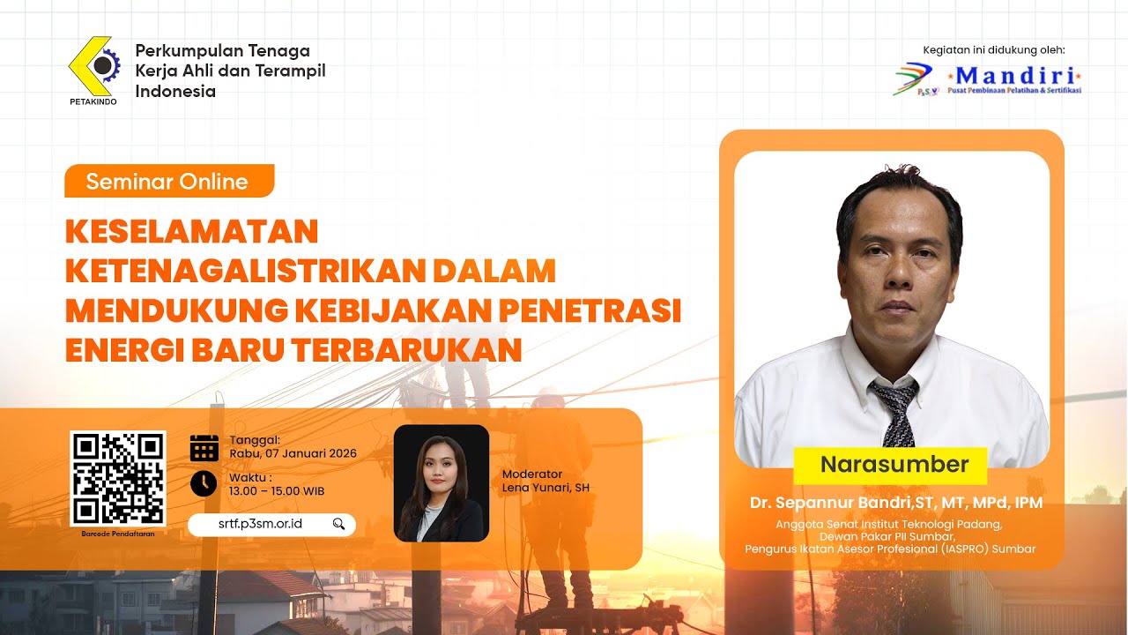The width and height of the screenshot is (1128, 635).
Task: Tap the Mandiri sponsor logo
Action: [987, 78]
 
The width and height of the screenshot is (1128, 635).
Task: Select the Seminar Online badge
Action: [168, 182]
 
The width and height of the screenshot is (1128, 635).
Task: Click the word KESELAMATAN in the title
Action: [191, 231]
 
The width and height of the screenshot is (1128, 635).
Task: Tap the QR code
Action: [118, 478]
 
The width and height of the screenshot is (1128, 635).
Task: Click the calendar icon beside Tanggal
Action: [204, 447]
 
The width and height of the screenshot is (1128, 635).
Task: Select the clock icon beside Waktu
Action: [204, 483]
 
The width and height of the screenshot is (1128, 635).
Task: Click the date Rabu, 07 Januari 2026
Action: [293, 453]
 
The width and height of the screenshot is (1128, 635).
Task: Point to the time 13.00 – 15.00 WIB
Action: [277, 490]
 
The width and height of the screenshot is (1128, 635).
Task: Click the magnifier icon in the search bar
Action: [339, 524]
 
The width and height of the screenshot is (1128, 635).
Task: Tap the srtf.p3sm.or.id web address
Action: [260, 524]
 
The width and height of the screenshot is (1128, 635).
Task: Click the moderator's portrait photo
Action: [441, 482]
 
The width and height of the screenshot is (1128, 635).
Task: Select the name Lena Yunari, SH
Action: [545, 487]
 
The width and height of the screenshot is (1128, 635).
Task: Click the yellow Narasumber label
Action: [894, 465]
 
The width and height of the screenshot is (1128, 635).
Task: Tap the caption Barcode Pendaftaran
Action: [118, 534]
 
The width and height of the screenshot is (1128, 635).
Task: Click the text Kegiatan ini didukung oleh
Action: [993, 49]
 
